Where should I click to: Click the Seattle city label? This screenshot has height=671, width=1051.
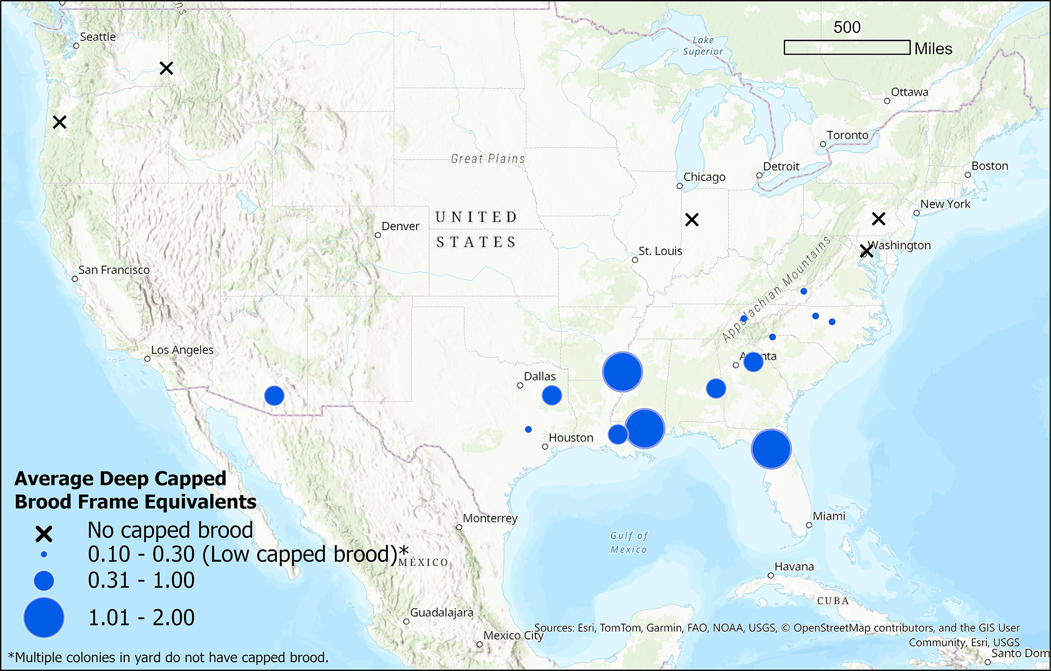pyautogui.click(x=97, y=37)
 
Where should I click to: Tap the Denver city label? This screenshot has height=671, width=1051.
pyautogui.click(x=400, y=226)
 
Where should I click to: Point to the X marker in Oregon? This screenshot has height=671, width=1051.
pyautogui.click(x=60, y=122)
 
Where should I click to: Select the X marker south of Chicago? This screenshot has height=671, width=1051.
pyautogui.click(x=692, y=220)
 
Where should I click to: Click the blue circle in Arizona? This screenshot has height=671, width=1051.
pyautogui.click(x=274, y=395)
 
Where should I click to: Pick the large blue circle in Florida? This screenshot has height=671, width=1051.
pyautogui.click(x=771, y=449)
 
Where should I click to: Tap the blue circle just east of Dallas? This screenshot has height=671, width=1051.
pyautogui.click(x=552, y=395)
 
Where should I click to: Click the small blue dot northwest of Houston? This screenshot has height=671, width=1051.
pyautogui.click(x=528, y=430)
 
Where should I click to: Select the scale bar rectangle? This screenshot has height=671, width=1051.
pyautogui.click(x=847, y=48)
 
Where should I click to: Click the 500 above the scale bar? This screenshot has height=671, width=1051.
pyautogui.click(x=847, y=27)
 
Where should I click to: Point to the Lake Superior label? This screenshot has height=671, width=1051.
pyautogui.click(x=703, y=46)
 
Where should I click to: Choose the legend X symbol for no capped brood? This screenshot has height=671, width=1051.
pyautogui.click(x=44, y=534)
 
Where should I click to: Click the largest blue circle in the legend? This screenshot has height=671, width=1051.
pyautogui.click(x=44, y=617)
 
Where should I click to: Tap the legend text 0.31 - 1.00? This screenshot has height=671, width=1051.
pyautogui.click(x=141, y=581)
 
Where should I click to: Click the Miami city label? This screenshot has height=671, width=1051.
pyautogui.click(x=829, y=516)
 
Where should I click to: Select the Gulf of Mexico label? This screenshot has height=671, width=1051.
pyautogui.click(x=629, y=542)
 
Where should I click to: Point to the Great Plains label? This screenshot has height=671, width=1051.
pyautogui.click(x=488, y=159)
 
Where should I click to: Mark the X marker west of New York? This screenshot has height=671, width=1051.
pyautogui.click(x=879, y=219)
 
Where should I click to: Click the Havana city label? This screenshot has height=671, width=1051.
pyautogui.click(x=794, y=567)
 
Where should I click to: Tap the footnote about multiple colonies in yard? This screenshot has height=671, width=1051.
pyautogui.click(x=169, y=657)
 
